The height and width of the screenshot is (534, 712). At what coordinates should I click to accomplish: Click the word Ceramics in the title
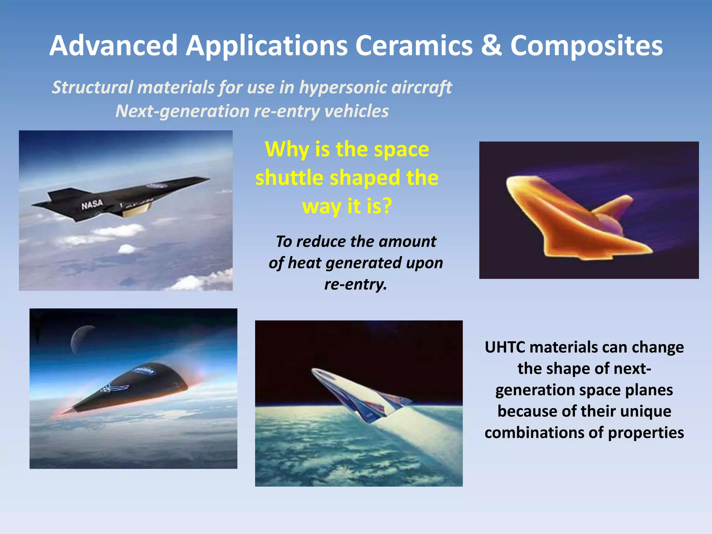click(x=414, y=46)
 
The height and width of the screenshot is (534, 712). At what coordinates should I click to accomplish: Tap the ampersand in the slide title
click(x=492, y=46)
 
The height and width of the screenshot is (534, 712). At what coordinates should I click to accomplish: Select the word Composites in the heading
click(x=586, y=46)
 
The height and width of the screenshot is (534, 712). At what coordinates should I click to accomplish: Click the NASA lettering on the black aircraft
click(x=92, y=204)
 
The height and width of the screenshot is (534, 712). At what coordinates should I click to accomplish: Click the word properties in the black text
click(x=646, y=433)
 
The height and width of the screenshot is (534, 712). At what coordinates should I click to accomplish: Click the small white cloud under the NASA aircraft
click(x=127, y=249)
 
